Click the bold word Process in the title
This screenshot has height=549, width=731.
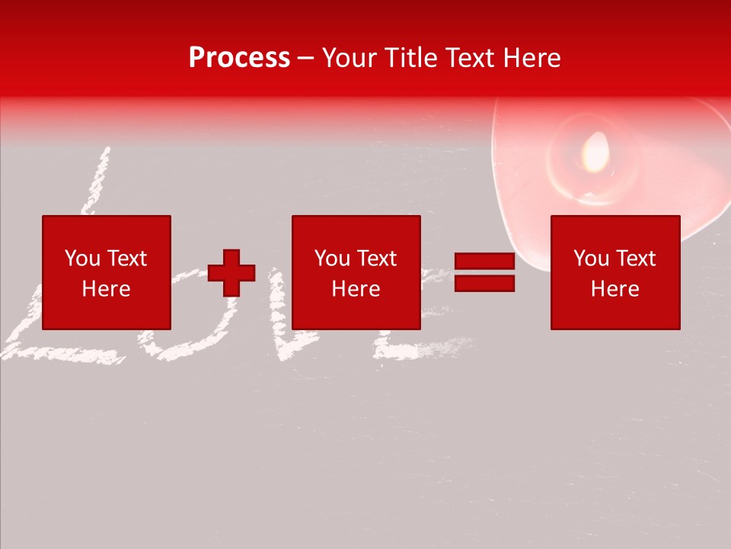(x=239, y=58)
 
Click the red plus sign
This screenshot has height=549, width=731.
(x=231, y=273)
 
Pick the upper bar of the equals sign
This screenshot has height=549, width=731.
(x=484, y=261)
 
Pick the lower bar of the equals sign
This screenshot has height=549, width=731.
(x=484, y=283)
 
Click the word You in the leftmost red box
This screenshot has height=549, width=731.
(x=82, y=258)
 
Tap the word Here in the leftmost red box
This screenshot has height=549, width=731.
(x=106, y=289)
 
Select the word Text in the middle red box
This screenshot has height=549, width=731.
(x=376, y=258)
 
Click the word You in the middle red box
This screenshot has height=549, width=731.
(x=332, y=258)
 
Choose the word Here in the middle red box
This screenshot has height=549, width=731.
(x=356, y=289)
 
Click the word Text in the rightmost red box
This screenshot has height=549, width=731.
(x=635, y=258)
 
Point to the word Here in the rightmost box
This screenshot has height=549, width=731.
(x=614, y=289)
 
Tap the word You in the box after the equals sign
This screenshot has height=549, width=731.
(x=591, y=258)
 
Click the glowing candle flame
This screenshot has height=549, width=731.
(x=595, y=151)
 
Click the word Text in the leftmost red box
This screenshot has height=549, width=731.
(x=126, y=258)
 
